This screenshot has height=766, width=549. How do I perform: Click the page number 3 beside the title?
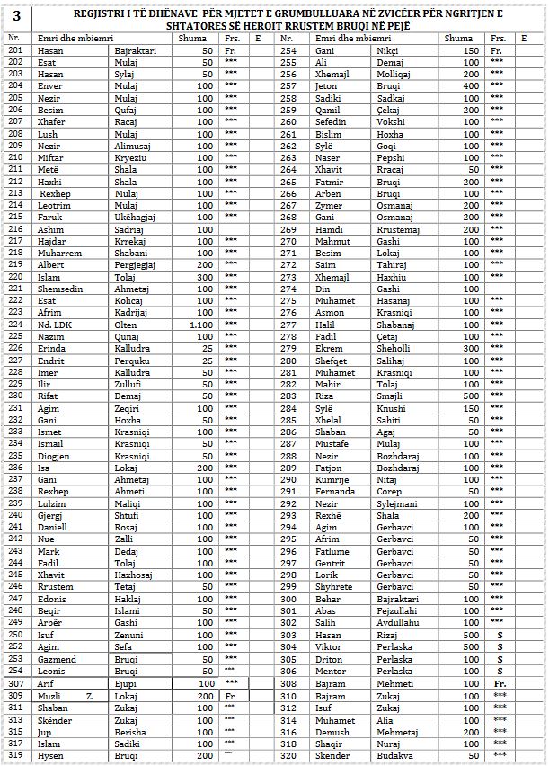pos(16,16)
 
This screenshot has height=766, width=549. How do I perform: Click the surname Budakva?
pos(396,756)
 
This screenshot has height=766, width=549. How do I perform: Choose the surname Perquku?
pos(133,360)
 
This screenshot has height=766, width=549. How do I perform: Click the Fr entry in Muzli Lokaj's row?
pos(230,696)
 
